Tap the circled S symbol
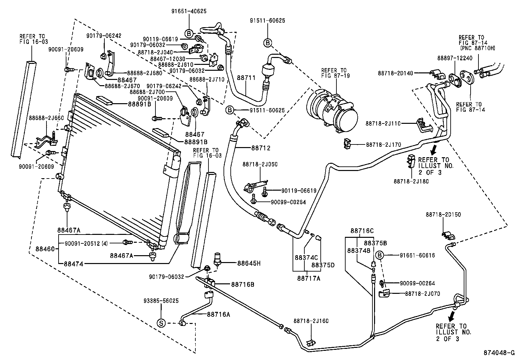point(161,323)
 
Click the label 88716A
point(218,314)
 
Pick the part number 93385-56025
point(161,300)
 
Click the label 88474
point(73,263)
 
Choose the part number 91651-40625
point(189,11)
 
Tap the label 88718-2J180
point(411,181)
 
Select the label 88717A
point(309,278)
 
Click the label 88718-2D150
point(443,215)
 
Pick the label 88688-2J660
point(46,118)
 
